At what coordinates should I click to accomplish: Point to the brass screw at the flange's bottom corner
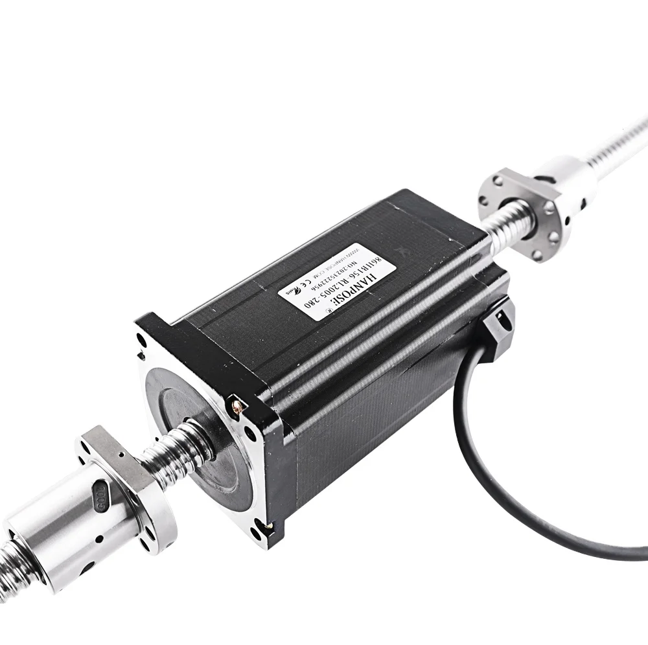point(264,525)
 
